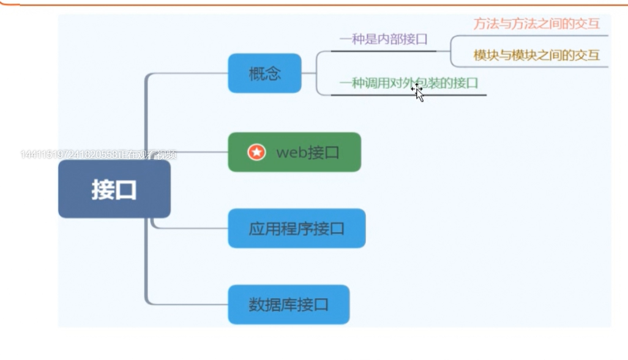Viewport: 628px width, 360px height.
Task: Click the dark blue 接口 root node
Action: click(114, 189)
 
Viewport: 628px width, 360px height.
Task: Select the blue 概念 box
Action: click(264, 73)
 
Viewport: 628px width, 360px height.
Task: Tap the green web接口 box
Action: click(294, 152)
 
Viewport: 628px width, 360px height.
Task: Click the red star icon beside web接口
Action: click(256, 152)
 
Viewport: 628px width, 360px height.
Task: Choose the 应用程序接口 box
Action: click(296, 228)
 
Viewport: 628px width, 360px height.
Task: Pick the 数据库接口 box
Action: click(288, 304)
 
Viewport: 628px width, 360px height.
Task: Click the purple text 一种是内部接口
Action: click(383, 40)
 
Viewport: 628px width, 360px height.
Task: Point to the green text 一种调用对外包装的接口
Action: click(408, 83)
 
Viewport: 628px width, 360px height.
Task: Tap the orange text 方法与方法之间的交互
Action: click(536, 24)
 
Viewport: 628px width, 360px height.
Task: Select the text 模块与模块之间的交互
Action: click(536, 55)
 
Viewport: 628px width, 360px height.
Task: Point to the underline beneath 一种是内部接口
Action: click(383, 51)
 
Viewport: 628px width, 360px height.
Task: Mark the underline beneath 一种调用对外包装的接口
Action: click(408, 95)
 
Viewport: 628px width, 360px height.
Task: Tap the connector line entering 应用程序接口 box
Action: click(190, 228)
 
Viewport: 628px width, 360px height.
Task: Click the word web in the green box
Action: click(290, 152)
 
